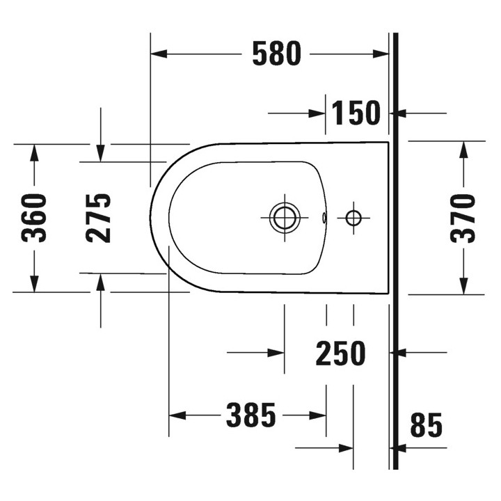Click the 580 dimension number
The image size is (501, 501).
coord(277,54)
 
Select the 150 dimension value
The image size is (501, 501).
coord(356,113)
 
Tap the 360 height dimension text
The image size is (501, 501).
coord(34,218)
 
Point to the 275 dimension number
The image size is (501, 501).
coord(98,218)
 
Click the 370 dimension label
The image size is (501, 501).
coord(463,218)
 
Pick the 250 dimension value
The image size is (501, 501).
coord(340,353)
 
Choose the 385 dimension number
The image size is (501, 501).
coord(250,415)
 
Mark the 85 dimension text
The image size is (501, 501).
coord(427,424)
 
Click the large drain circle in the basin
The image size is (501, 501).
coord(285,218)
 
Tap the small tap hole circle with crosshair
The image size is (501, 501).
coord(353,218)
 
